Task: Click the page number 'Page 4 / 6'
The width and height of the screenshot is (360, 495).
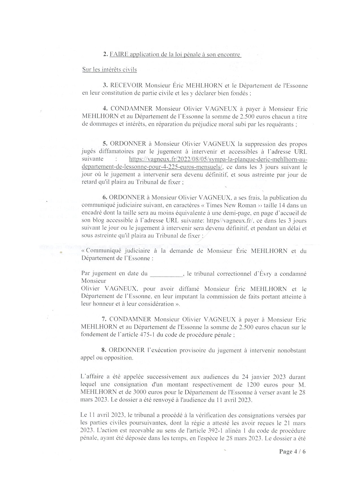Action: [292, 451]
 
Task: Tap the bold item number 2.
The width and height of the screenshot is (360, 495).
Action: [105, 54]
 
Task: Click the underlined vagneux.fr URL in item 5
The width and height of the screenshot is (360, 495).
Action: [218, 159]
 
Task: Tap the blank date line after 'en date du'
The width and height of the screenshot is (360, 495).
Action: [166, 274]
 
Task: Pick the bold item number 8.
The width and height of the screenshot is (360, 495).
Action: [104, 350]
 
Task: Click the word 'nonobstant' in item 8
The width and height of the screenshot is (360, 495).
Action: [292, 350]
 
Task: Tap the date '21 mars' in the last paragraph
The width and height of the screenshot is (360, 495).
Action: [297, 423]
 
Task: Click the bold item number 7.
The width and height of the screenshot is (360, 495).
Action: [104, 319]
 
